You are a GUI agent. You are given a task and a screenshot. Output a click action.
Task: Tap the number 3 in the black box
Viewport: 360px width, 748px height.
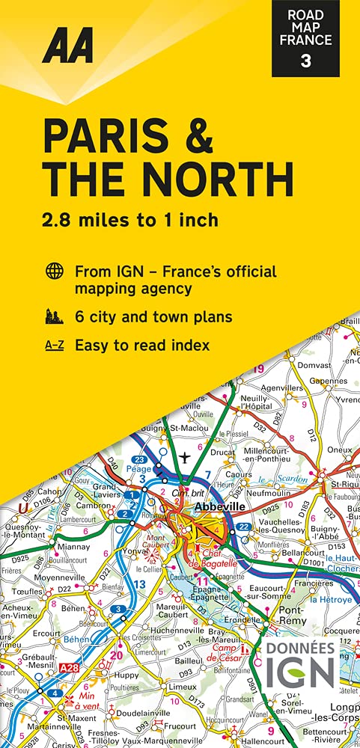point(305,61)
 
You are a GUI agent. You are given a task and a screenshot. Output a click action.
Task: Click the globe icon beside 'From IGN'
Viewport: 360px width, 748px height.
point(54,271)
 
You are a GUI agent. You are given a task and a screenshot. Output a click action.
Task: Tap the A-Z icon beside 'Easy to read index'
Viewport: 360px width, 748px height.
point(54,346)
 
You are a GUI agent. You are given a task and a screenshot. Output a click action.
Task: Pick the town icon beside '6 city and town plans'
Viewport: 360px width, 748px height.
point(54,316)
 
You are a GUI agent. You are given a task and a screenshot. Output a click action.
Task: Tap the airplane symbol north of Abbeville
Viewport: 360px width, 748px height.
point(186,456)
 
